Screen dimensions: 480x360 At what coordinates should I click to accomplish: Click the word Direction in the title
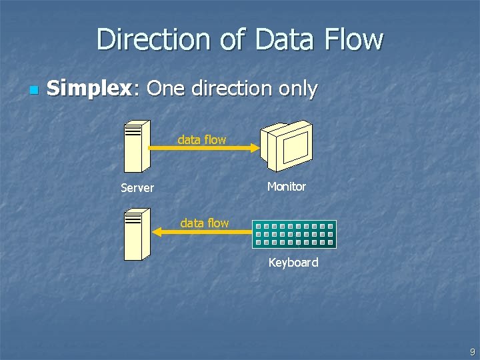153,39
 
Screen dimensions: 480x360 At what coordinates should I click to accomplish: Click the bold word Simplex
89,89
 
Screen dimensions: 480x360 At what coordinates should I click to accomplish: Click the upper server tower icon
137,147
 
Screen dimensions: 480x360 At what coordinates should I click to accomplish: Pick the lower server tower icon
136,233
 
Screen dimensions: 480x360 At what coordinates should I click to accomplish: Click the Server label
137,188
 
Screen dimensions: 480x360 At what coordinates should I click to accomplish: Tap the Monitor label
287,187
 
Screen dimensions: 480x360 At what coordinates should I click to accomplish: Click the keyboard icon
294,234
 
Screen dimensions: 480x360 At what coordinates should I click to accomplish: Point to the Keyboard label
293,263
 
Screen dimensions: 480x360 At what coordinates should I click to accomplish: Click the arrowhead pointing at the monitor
255,149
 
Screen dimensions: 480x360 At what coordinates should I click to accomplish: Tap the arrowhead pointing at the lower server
157,232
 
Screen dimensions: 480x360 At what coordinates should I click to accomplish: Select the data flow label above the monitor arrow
202,140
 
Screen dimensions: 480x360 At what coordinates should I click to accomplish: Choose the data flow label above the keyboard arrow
205,223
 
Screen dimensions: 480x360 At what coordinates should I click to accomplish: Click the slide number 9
472,352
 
